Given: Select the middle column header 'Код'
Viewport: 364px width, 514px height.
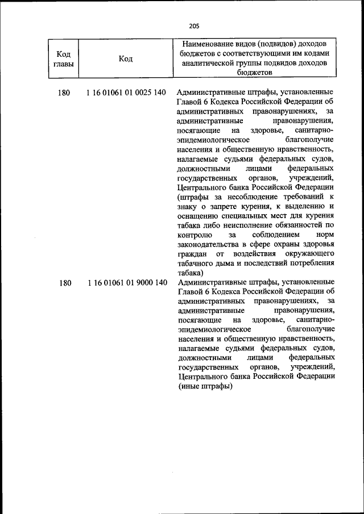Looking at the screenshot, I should (126, 58).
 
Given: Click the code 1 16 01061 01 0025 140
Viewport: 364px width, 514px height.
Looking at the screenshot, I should (126, 93).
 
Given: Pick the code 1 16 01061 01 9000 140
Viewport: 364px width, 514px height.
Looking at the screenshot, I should (127, 282).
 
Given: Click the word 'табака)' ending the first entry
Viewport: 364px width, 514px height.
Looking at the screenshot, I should (190, 272).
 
